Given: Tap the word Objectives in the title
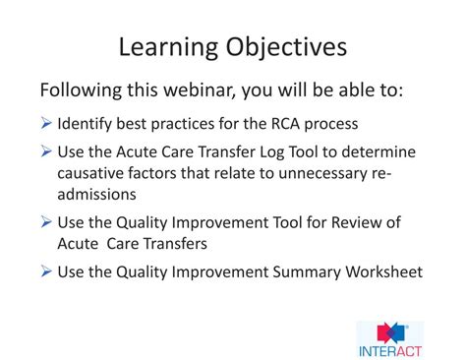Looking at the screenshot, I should coord(286,46).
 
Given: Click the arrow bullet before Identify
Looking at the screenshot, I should coord(46,125).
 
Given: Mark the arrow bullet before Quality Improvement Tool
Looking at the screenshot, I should coord(46,223).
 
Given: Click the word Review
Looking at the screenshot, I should coord(349,223).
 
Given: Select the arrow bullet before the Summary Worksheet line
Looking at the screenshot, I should coord(46,270).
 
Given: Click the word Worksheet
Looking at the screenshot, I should coord(380,270).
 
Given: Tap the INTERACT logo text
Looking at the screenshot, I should coord(390,346).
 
